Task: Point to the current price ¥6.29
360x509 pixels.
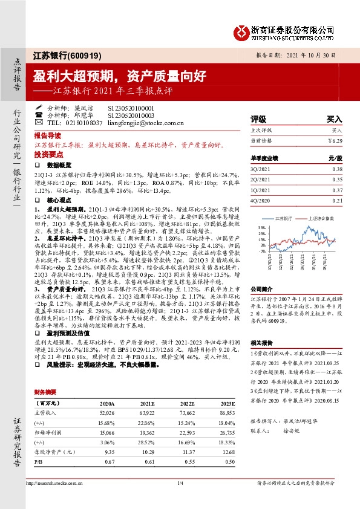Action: [x=335, y=140]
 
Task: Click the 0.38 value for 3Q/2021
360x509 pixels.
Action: [x=338, y=170]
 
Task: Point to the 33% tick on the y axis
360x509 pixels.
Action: [x=262, y=227]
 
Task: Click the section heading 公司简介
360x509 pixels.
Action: [x=263, y=272]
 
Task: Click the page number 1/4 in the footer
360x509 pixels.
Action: [x=179, y=482]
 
